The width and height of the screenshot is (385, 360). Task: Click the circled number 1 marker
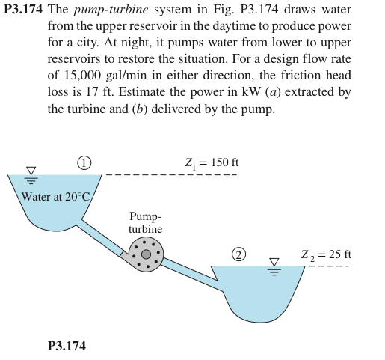[85, 162]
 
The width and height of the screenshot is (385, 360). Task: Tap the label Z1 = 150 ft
[211, 162]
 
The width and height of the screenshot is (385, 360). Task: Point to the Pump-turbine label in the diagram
[145, 223]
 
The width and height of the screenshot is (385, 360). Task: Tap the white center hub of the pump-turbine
[147, 254]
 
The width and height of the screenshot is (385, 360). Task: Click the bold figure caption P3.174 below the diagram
[66, 346]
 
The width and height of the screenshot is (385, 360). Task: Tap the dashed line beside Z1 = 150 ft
[172, 176]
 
